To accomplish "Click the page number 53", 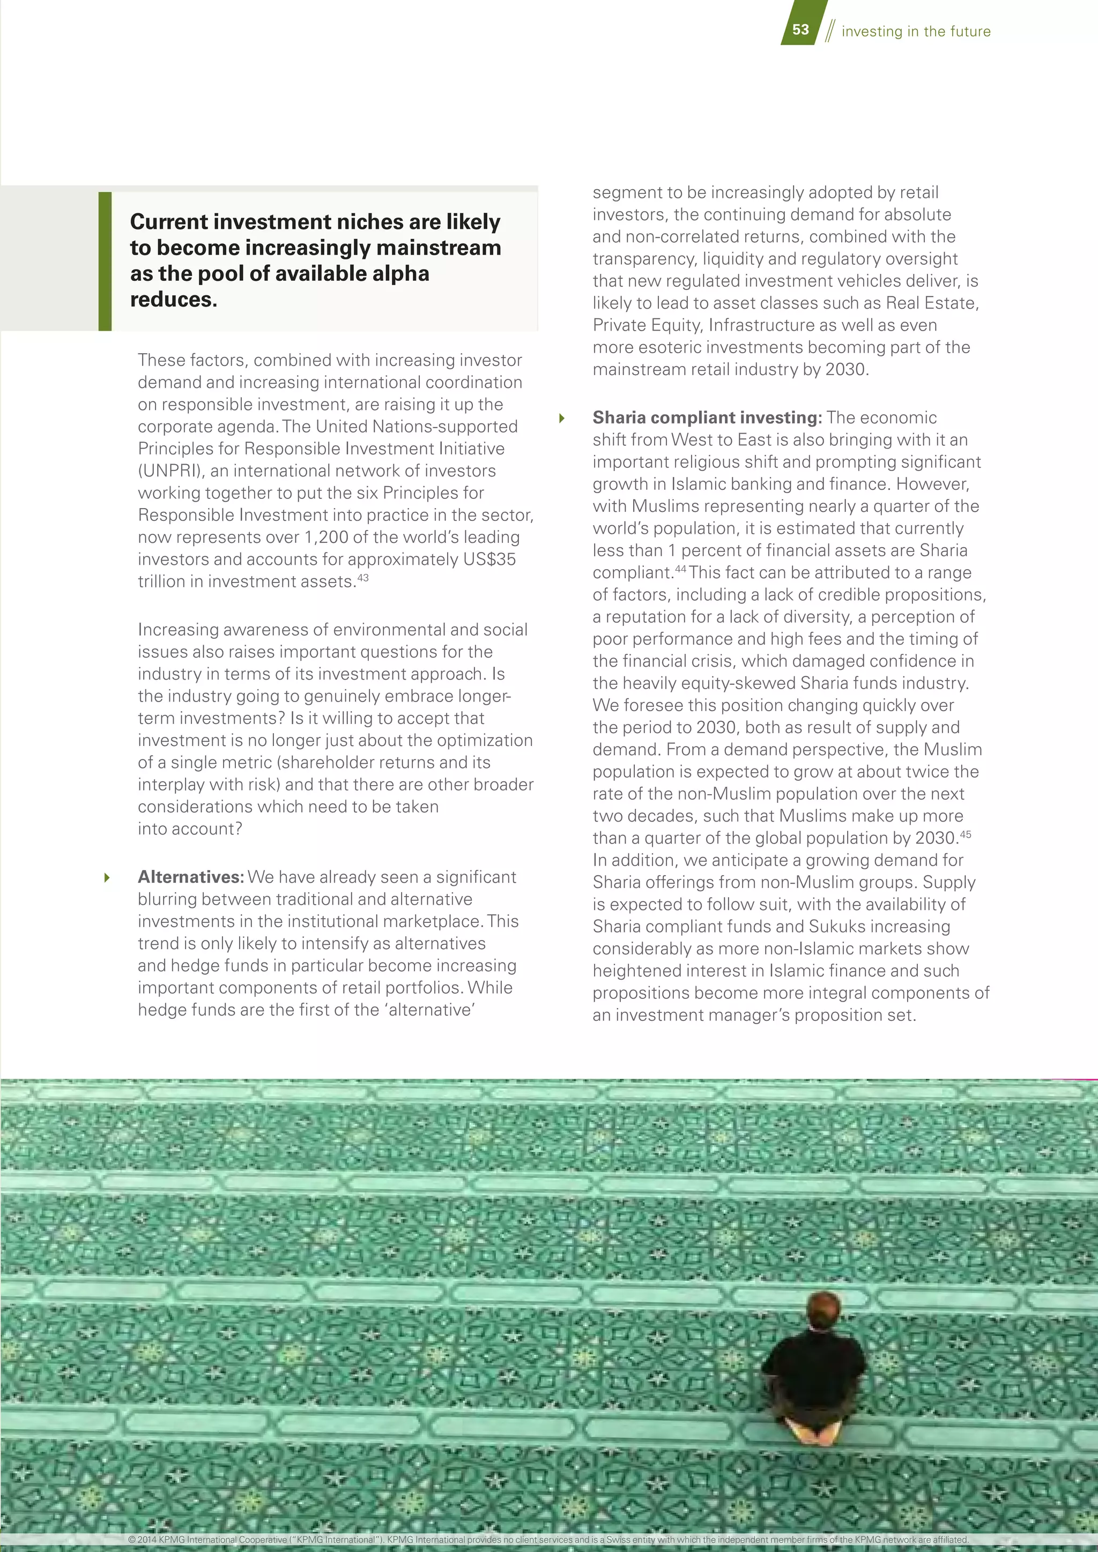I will click(800, 29).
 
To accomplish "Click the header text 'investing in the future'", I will click(916, 31).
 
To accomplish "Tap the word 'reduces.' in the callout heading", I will click(174, 300).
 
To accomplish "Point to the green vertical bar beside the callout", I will click(105, 261).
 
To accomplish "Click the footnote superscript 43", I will click(363, 578).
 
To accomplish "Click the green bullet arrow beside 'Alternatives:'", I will click(107, 878).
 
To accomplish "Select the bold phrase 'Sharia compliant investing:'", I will click(707, 417).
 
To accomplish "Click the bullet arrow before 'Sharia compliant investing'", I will click(561, 419).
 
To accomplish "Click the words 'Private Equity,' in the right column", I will click(648, 326).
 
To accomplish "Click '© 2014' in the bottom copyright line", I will click(143, 1540).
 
